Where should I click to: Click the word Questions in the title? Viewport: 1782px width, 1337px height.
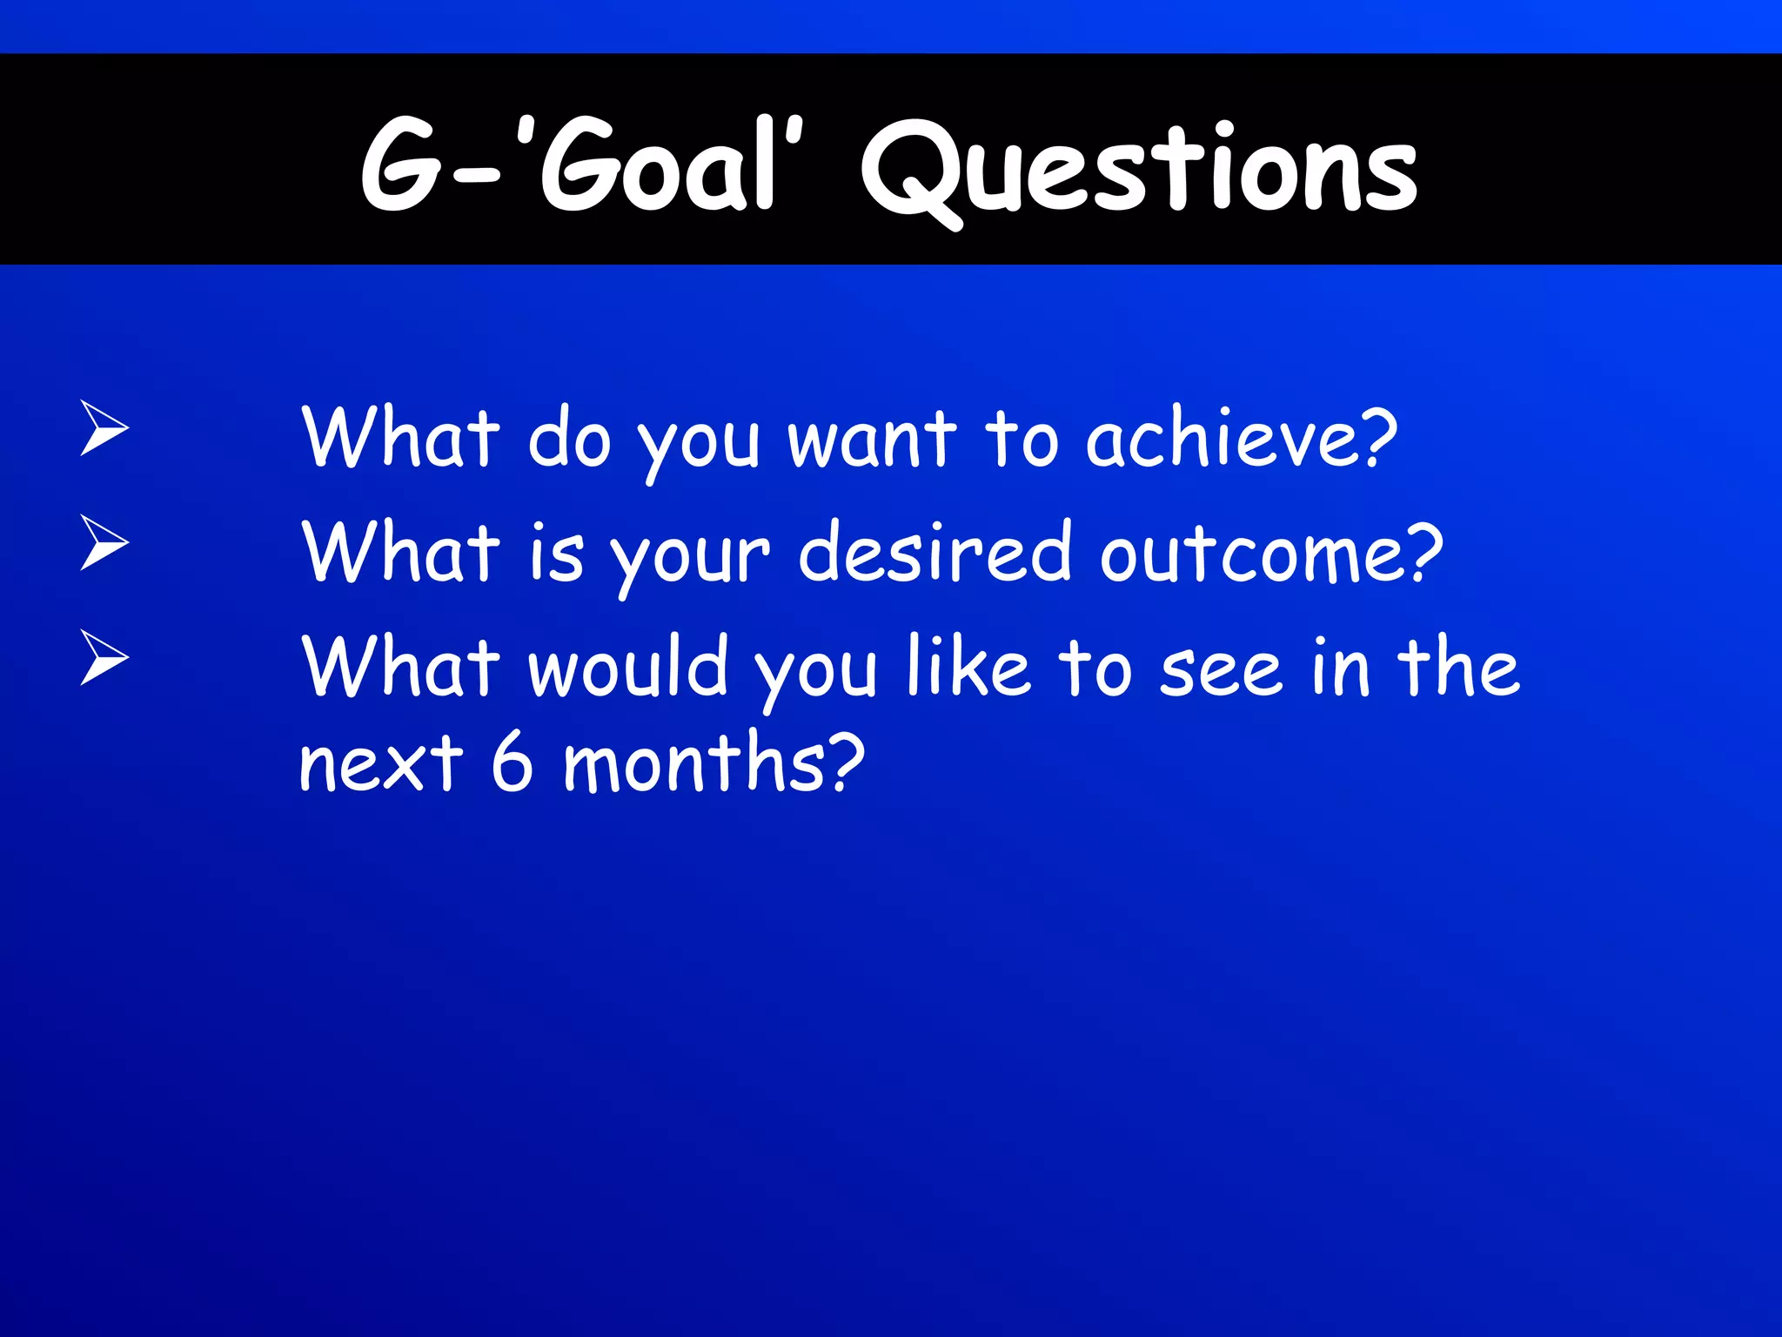1140,170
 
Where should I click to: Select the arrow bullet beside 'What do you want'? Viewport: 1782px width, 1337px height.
104,427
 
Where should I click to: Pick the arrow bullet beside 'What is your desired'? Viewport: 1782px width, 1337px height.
104,542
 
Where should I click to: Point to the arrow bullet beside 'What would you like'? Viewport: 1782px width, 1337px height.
104,657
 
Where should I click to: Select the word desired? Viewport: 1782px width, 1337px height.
935,553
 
